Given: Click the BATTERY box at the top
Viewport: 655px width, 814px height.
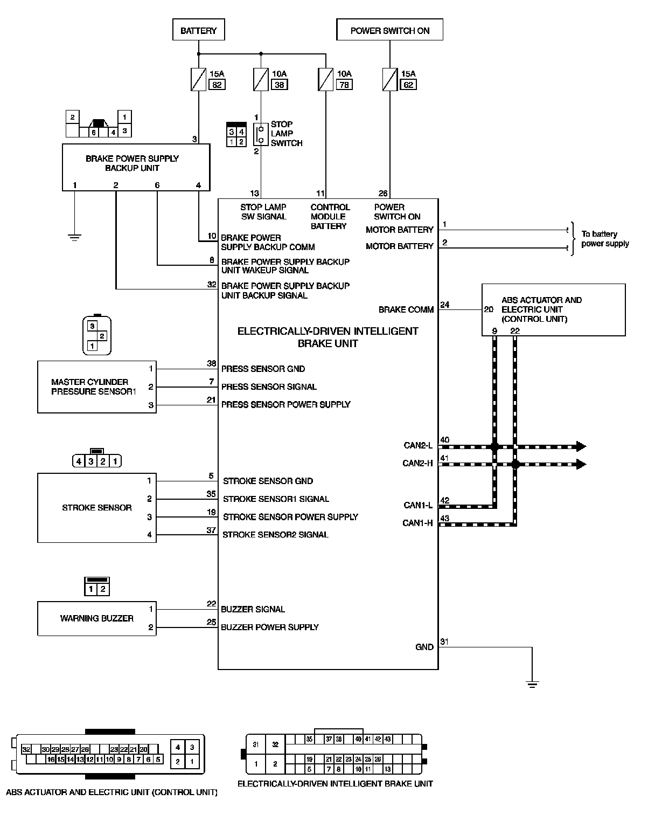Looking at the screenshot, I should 198,30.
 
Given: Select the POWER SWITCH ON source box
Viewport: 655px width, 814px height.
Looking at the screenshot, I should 389,30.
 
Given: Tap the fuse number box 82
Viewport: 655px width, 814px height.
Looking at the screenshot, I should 217,85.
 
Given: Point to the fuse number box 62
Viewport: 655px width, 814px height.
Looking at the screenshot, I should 409,85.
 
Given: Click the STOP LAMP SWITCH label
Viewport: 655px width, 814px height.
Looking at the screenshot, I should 286,134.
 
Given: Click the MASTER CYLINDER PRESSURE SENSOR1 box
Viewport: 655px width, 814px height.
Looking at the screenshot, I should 96,387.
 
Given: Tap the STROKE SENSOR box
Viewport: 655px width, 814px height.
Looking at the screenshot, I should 96,507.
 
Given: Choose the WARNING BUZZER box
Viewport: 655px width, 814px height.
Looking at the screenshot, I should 96,618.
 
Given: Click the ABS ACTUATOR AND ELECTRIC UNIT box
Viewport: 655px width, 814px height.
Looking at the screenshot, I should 553,309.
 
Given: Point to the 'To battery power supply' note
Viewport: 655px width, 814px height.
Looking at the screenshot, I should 604,239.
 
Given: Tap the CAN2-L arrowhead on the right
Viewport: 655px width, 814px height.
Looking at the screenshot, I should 581,446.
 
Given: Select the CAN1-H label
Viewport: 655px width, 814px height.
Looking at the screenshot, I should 417,523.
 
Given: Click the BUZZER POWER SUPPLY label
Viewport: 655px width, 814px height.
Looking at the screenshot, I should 269,627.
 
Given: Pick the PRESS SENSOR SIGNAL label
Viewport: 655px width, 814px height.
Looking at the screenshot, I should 269,387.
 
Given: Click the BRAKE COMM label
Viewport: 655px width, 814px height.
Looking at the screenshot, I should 406,309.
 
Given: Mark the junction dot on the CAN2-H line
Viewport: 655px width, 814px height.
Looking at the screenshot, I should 515,464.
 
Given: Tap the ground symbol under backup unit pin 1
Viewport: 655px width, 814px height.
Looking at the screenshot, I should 74,237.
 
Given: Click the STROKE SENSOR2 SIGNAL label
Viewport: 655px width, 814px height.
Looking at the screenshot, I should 275,535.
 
